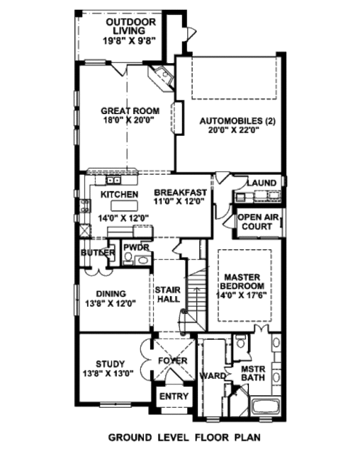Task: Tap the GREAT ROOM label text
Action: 130,110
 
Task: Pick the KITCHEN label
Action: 119,195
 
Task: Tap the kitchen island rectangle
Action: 120,207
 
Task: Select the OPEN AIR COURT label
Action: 259,222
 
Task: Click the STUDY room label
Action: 110,364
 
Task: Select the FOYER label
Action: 173,361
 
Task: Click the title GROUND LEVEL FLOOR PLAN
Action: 184,438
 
